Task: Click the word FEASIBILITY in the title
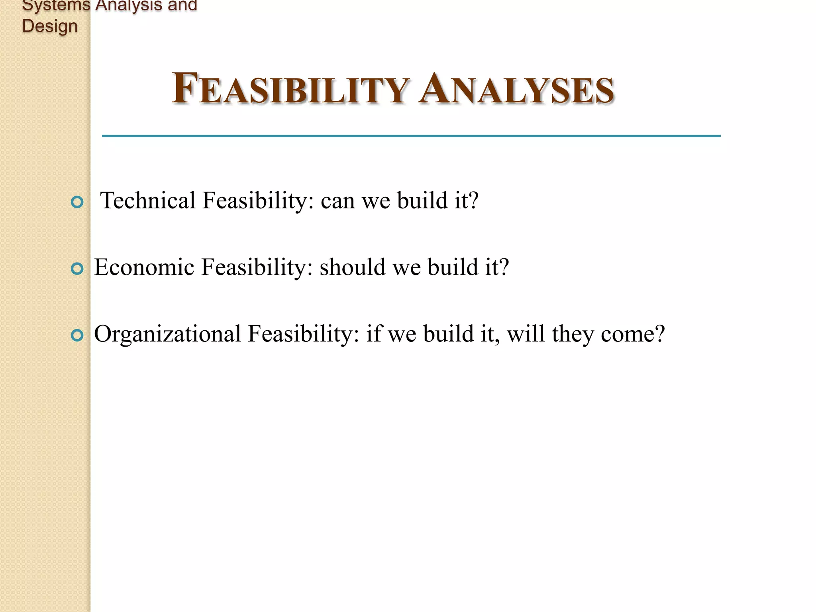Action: (x=290, y=88)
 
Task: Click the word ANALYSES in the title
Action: (x=516, y=88)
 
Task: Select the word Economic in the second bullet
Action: (x=144, y=267)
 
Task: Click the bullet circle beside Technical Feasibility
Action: (x=77, y=202)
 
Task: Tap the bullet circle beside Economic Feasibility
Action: (x=77, y=269)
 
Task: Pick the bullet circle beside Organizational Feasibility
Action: (x=77, y=335)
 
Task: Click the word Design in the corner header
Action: (x=50, y=26)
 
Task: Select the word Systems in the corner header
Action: (x=56, y=6)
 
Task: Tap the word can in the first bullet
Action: (x=337, y=201)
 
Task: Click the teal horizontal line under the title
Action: (x=411, y=136)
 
